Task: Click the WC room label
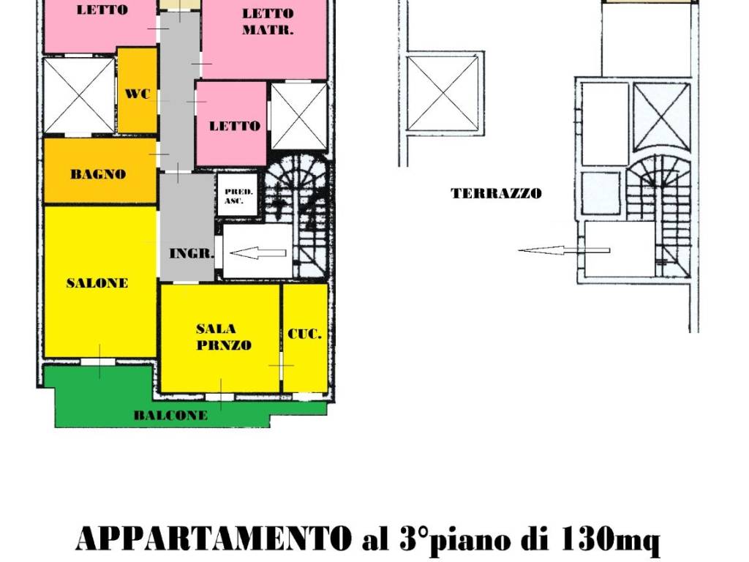point(137,94)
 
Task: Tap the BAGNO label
point(98,175)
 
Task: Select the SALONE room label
point(97,283)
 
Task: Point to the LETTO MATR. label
point(268,22)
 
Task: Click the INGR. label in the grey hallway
point(191,255)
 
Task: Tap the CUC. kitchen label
point(304,334)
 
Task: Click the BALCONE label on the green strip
point(170,416)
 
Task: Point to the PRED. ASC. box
point(238,195)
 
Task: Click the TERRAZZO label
point(496,194)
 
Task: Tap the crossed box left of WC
point(79,96)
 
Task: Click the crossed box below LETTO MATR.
point(299,117)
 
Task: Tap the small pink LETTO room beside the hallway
point(233,124)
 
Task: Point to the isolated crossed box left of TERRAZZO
point(443,93)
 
